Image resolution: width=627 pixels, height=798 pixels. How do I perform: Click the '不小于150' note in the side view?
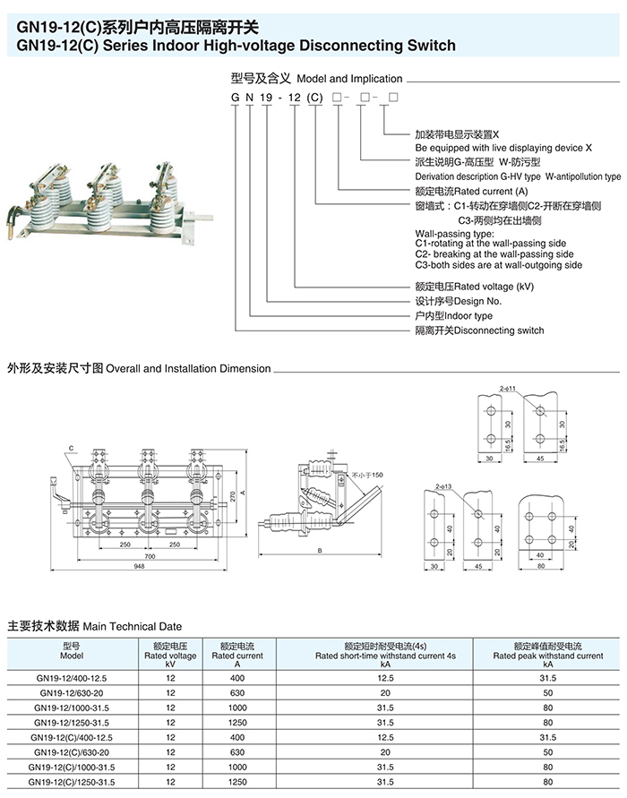click(366, 474)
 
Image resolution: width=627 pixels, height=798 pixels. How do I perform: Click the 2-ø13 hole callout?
click(445, 486)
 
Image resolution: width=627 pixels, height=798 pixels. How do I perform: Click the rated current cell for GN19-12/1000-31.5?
click(236, 708)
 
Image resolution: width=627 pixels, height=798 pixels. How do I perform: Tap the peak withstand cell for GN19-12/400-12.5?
click(547, 678)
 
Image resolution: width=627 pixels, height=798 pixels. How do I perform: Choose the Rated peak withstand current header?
click(547, 655)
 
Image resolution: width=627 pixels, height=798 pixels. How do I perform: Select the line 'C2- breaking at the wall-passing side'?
click(494, 253)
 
